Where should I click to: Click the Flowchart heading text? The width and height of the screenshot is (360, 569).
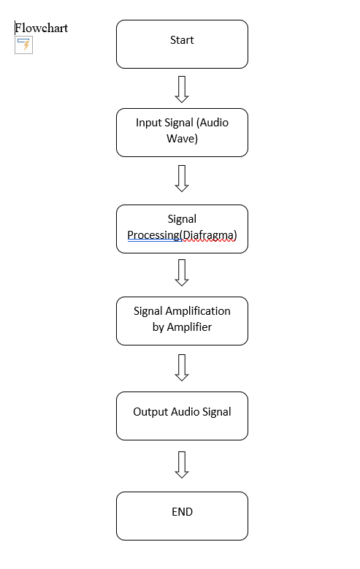click(42, 28)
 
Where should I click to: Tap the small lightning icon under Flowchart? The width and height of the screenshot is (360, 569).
click(24, 45)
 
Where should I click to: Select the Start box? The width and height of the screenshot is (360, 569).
click(182, 44)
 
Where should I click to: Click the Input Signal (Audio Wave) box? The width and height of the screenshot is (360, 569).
click(182, 132)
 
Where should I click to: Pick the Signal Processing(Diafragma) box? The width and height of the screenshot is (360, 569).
click(182, 229)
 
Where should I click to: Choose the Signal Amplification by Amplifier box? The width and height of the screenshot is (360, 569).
click(182, 321)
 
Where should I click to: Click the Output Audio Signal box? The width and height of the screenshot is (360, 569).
click(182, 416)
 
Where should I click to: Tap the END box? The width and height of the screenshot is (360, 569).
click(182, 516)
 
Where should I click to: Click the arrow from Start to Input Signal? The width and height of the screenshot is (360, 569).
click(182, 88)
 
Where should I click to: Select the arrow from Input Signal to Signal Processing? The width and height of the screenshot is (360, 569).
click(182, 178)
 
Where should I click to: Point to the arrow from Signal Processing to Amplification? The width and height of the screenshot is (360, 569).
click(182, 272)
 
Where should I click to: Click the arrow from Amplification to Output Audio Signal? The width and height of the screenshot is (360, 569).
click(182, 367)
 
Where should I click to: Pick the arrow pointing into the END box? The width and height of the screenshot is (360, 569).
click(182, 465)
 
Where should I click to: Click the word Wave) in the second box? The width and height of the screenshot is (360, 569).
click(182, 138)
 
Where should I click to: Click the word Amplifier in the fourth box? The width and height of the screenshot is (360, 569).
click(190, 327)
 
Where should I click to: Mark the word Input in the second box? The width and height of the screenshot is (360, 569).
click(149, 122)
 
